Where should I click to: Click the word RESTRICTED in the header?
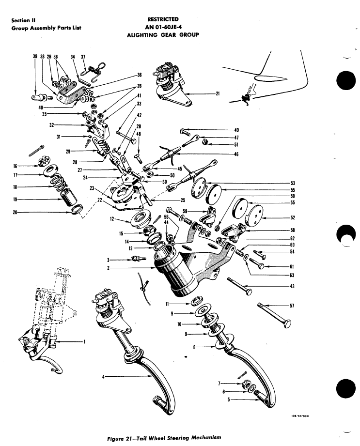[x=163, y=19]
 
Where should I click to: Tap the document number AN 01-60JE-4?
[x=163, y=27]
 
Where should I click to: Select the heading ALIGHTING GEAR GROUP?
[x=163, y=35]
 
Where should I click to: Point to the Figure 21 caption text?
[x=164, y=438]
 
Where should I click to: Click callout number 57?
[x=292, y=306]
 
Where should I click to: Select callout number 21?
[x=218, y=93]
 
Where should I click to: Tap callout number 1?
[x=84, y=341]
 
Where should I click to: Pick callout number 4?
[x=104, y=377]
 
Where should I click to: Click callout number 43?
[x=292, y=286]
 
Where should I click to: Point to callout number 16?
[x=15, y=166]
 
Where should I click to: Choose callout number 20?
[x=15, y=212]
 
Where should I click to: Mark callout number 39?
[x=35, y=56]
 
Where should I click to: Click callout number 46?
[x=236, y=154]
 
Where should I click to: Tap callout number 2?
[x=109, y=268]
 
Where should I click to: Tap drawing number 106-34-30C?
[x=300, y=415]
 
